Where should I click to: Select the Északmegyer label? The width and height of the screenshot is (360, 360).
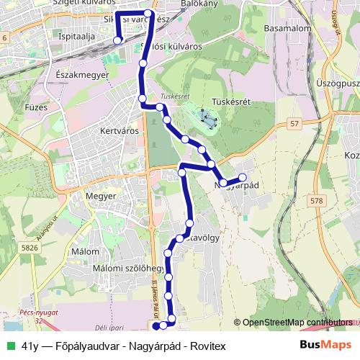click(81, 74)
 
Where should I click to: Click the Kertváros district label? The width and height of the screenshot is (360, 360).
click(119, 132)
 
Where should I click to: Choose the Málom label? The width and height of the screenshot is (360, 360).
click(86, 252)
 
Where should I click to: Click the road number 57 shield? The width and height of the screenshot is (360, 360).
click(294, 125)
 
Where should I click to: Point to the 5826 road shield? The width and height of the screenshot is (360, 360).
click(30, 248)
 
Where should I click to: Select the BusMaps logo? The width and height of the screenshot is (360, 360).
click(325, 346)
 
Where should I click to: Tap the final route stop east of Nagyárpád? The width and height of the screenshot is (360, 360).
click(243, 177)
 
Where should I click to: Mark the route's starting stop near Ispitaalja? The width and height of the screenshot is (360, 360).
click(117, 40)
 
